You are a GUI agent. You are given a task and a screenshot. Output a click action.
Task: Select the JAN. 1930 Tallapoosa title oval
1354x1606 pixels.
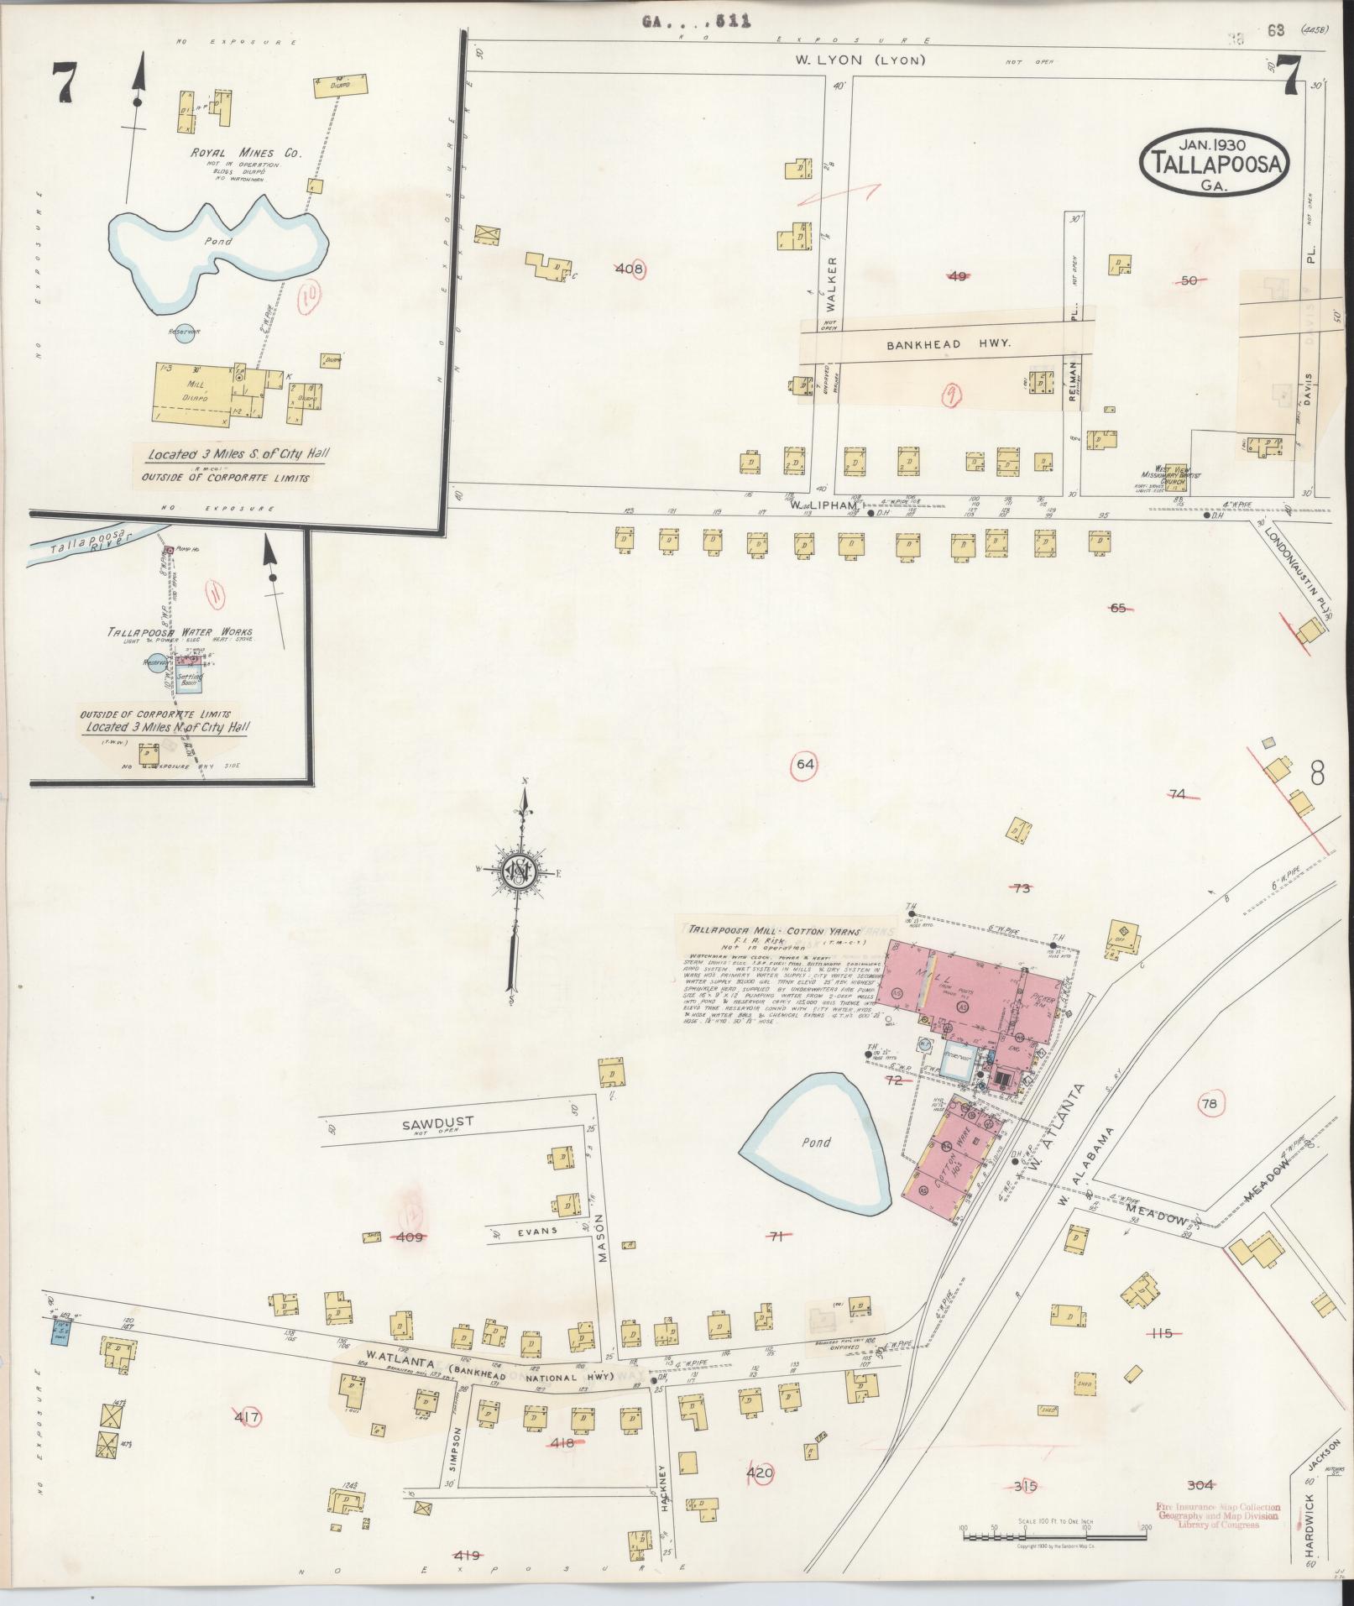[1212, 161]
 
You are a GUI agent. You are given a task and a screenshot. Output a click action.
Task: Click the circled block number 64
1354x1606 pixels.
[806, 764]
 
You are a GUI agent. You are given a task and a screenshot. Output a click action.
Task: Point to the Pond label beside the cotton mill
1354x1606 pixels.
[815, 1142]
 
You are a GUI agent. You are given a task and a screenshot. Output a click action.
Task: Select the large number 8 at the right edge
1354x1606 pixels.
[1316, 772]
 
